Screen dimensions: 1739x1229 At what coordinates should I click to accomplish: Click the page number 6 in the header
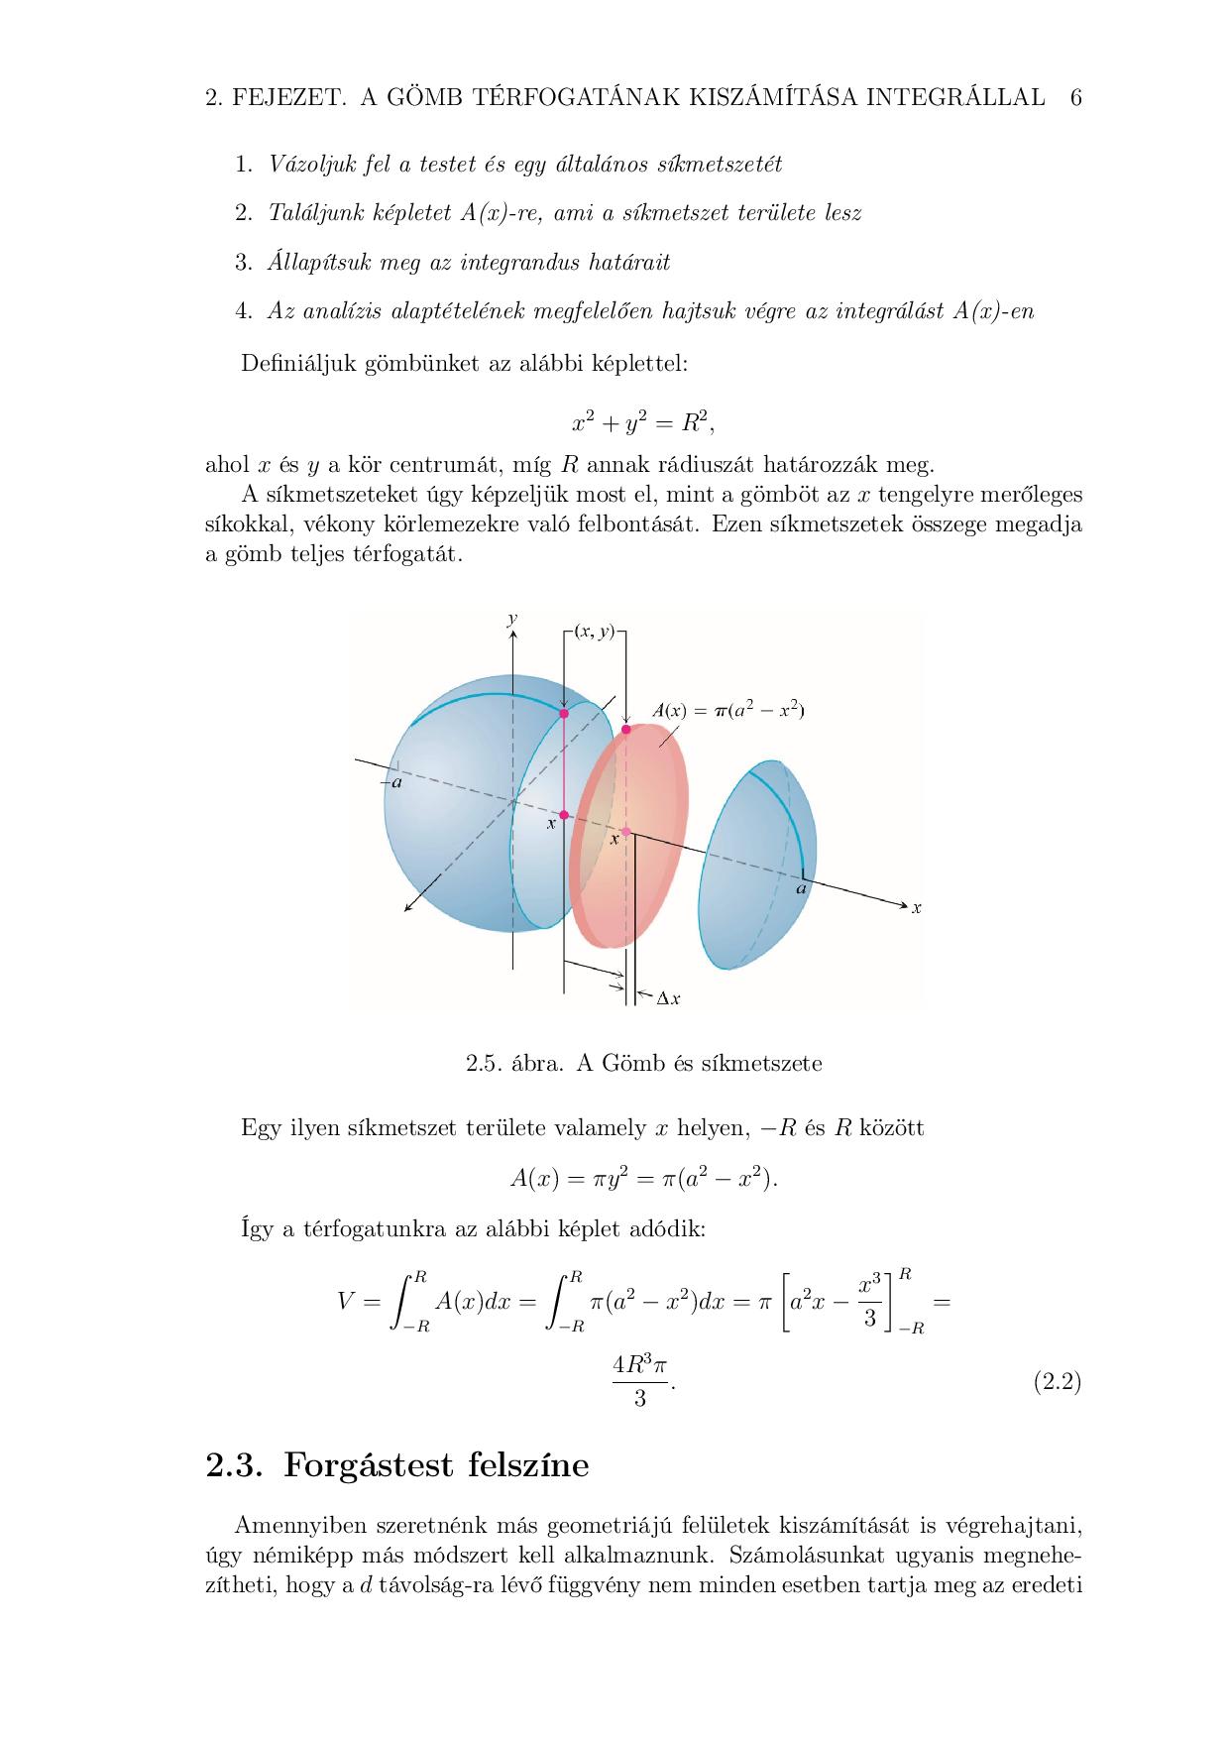tap(1075, 97)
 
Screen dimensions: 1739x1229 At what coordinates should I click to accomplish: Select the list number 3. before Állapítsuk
tap(244, 263)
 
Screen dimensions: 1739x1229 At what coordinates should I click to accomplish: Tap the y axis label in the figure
tap(512, 619)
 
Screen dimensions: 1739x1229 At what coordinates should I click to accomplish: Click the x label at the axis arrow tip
tap(917, 907)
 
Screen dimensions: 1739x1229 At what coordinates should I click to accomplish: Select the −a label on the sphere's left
tap(391, 783)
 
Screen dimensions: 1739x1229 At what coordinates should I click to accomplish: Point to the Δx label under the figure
tap(669, 998)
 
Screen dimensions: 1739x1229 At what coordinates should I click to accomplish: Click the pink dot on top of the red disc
tap(625, 730)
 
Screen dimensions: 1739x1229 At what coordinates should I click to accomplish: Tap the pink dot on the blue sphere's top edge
tap(564, 713)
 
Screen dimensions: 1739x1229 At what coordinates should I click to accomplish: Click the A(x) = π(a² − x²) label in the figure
tap(727, 710)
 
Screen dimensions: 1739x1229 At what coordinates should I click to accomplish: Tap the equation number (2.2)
tap(1057, 1381)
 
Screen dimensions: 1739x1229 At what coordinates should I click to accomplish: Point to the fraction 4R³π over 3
tap(640, 1381)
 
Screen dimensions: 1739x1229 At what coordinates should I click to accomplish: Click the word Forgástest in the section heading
tap(378, 1464)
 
